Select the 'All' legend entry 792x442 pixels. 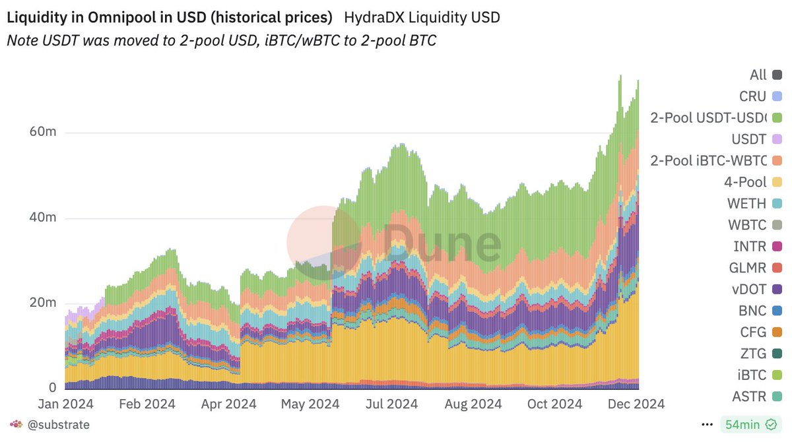coord(765,75)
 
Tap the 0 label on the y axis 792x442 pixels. coord(51,387)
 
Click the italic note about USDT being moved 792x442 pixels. coord(221,40)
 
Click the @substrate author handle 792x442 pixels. coord(58,424)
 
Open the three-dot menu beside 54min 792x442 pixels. coord(707,424)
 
